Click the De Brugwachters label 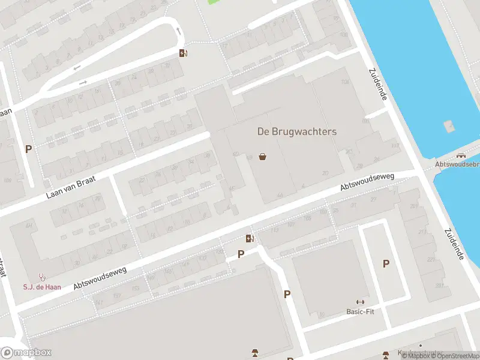pyautogui.click(x=296, y=131)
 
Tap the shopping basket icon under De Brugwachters pyautogui.click(x=262, y=157)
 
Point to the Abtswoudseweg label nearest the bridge pyautogui.click(x=367, y=182)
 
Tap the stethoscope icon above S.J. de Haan pyautogui.click(x=42, y=277)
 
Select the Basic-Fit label pyautogui.click(x=360, y=311)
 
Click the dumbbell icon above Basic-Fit pyautogui.click(x=360, y=302)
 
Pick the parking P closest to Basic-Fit pyautogui.click(x=386, y=263)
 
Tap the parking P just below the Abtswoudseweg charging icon pyautogui.click(x=241, y=254)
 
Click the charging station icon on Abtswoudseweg pyautogui.click(x=250, y=238)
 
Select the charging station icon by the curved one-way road pyautogui.click(x=184, y=53)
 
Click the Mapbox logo pyautogui.click(x=26, y=352)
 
